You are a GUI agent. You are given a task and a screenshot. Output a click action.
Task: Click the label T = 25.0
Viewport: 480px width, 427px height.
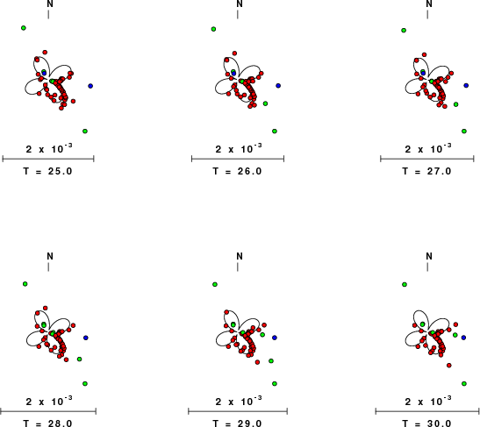coord(47,171)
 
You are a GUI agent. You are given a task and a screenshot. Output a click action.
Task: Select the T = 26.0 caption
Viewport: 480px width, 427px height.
coord(237,171)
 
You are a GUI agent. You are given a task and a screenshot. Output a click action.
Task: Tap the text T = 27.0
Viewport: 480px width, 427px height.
coord(426,171)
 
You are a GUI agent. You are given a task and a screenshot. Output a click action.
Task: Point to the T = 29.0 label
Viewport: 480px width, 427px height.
coord(237,423)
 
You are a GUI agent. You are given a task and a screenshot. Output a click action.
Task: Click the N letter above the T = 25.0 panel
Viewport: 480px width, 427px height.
coord(50,4)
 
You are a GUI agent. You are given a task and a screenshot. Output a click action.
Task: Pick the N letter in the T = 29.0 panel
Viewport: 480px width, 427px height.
coord(240,256)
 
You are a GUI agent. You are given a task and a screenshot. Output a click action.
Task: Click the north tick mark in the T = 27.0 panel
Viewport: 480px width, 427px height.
coord(427,14)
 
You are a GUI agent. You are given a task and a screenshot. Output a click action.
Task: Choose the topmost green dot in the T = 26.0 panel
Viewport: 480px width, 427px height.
coord(213,29)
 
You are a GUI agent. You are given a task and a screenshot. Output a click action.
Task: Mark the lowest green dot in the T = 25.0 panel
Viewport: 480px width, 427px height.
coord(85,132)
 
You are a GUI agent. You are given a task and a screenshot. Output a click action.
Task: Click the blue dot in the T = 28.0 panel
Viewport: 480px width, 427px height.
coord(86,338)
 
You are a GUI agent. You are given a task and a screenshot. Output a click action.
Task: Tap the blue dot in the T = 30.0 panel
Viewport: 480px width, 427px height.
coord(463,338)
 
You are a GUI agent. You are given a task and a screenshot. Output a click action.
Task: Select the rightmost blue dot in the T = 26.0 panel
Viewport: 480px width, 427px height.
coord(278,86)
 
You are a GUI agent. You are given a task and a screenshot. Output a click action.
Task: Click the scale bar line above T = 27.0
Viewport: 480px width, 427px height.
coord(427,159)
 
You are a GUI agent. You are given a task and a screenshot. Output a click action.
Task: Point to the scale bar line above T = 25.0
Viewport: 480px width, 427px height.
coord(48,159)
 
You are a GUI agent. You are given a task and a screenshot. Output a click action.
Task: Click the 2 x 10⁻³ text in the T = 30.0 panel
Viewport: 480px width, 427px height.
coord(428,401)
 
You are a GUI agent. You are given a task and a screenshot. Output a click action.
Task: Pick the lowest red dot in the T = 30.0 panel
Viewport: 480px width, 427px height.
coord(448,366)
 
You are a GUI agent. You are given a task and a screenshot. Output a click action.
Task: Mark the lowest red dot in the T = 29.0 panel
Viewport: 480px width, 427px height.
coord(257,362)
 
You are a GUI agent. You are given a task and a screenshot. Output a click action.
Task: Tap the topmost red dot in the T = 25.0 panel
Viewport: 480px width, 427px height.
coord(45,53)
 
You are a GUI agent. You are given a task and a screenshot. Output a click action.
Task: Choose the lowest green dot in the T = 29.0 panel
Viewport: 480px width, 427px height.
coord(275,383)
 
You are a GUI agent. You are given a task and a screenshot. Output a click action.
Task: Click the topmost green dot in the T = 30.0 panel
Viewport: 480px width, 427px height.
coord(404,284)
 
